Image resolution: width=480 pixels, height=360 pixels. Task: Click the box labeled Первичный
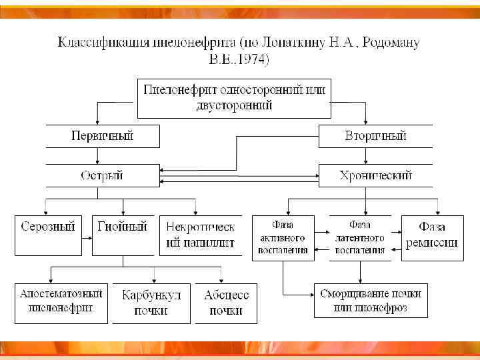(x=103, y=136)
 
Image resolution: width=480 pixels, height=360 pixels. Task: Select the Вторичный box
(x=375, y=136)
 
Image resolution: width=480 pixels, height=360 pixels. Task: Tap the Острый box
(x=103, y=176)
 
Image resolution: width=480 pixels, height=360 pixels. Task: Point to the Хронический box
(x=375, y=176)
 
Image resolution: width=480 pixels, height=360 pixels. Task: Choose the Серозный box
(x=47, y=235)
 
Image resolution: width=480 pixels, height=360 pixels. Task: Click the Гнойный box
(x=123, y=235)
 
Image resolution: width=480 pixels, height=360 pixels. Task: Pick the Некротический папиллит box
(x=200, y=235)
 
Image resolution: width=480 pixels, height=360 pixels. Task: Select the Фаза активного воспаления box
(x=283, y=237)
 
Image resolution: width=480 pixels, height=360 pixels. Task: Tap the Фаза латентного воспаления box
(x=360, y=237)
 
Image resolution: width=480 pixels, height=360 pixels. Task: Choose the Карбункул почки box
(x=151, y=303)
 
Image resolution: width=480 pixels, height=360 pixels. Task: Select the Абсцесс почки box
(x=226, y=303)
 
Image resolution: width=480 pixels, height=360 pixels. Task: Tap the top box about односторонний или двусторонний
(x=235, y=97)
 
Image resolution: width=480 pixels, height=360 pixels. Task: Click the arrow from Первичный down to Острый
(x=98, y=156)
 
